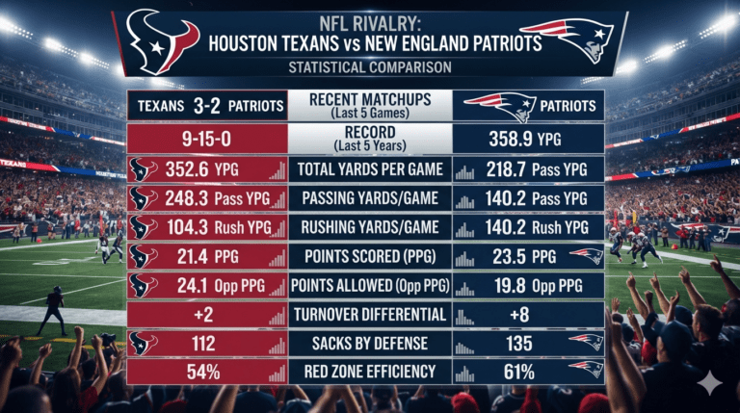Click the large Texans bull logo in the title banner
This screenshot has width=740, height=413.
tap(163, 42)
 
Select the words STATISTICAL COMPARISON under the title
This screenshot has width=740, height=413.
tap(370, 67)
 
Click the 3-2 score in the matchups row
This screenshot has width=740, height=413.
tap(206, 106)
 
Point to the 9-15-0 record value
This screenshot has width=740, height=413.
tap(207, 139)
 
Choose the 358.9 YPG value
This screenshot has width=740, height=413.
tap(525, 139)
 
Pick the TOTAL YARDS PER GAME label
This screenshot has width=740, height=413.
tap(370, 168)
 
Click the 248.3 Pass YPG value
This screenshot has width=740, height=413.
tap(217, 198)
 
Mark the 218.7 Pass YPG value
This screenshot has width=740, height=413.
tap(537, 169)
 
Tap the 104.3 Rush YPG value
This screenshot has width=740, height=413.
tap(219, 228)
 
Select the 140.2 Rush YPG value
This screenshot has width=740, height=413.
tap(537, 228)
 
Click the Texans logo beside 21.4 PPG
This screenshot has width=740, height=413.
tap(143, 257)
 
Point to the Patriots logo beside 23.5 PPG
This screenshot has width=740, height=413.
tap(587, 256)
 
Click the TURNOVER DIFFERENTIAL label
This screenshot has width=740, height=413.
tap(370, 315)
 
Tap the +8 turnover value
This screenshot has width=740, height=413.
tap(519, 315)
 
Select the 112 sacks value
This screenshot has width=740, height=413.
tap(203, 344)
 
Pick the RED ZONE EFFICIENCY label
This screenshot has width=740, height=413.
tap(370, 372)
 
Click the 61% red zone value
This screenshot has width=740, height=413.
tap(518, 373)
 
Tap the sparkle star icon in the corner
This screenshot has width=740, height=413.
tap(710, 384)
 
